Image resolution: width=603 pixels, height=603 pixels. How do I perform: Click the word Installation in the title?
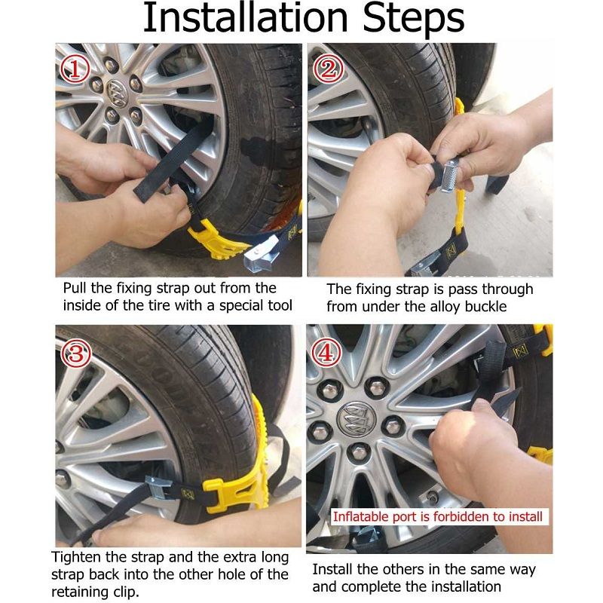[246, 17]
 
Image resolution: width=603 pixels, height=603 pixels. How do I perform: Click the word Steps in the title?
[413, 20]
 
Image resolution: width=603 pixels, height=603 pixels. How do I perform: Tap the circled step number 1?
[75, 69]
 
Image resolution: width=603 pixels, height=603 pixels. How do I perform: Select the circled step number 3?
[77, 354]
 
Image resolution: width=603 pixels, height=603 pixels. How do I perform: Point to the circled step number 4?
[327, 354]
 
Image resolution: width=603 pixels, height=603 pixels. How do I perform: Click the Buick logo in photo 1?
[116, 91]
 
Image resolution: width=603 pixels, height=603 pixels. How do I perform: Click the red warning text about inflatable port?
[438, 516]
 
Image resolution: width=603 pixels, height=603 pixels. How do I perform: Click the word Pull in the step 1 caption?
[75, 288]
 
